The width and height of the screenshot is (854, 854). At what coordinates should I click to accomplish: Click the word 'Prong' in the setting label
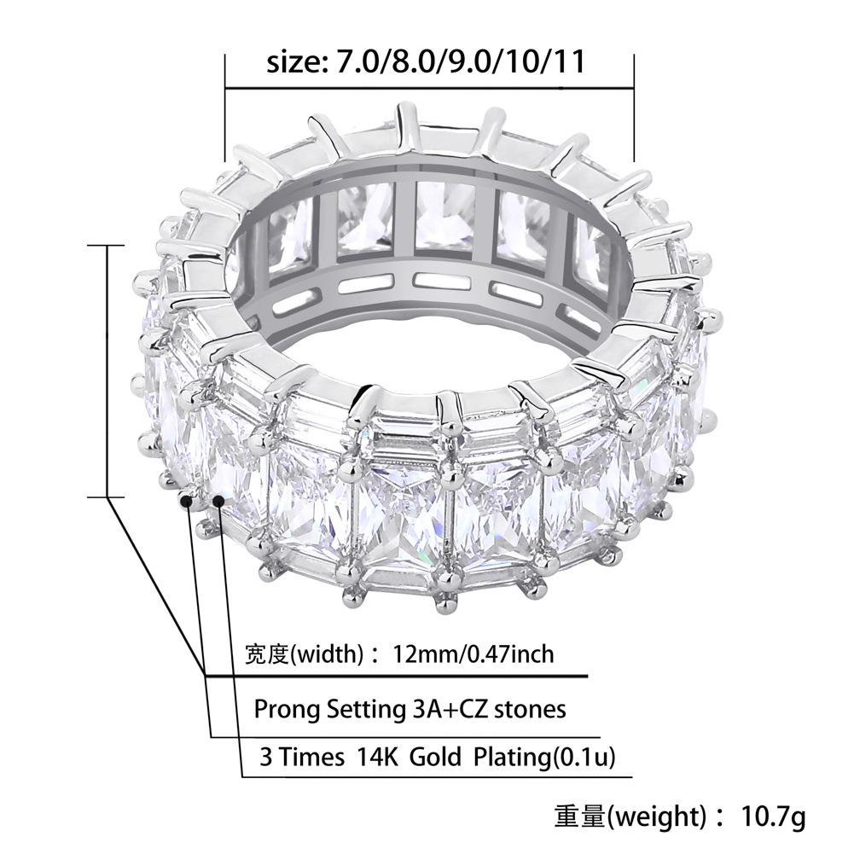pos(287,710)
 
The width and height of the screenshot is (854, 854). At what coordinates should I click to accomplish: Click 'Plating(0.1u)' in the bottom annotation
pos(544,758)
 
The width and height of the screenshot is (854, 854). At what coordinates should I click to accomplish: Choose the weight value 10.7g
pos(773,816)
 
